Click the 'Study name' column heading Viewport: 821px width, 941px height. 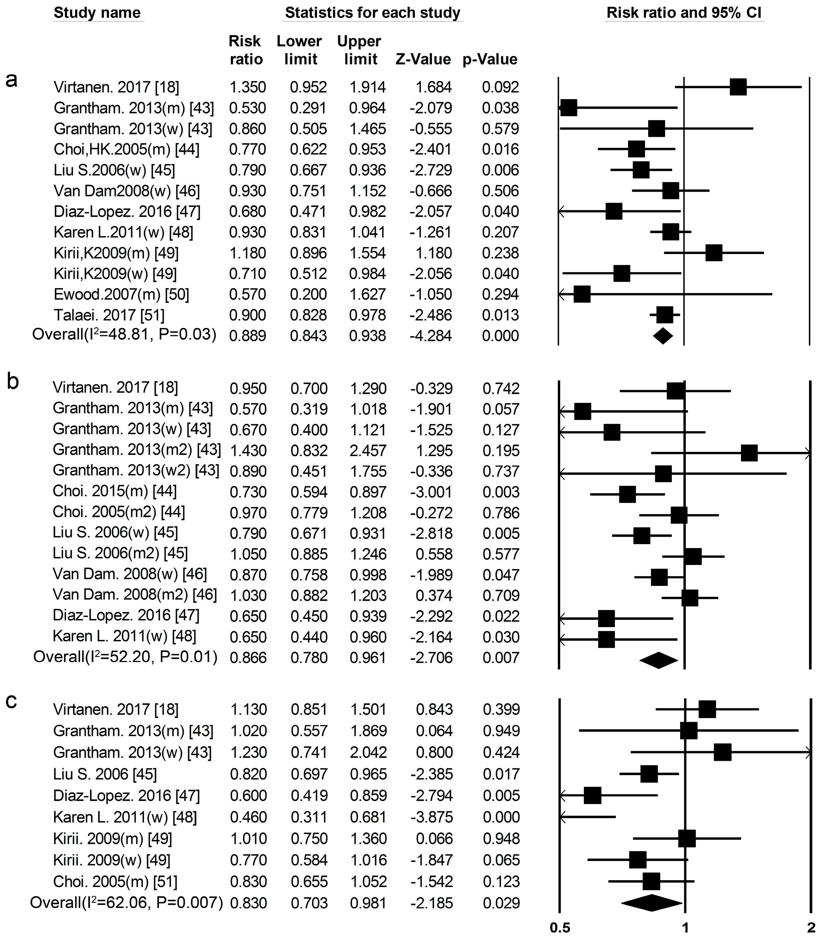97,13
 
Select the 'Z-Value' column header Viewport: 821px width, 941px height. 423,59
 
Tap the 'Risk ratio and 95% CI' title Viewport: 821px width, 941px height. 684,13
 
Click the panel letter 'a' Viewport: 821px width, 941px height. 11,80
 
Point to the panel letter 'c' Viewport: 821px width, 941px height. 11,701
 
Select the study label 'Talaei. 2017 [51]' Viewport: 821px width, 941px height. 109,315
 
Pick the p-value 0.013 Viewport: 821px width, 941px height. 500,315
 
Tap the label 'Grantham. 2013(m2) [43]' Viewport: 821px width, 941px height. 137,450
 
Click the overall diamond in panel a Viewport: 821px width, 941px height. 663,336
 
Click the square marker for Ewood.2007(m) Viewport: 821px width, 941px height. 582,294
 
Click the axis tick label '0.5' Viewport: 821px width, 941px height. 560,928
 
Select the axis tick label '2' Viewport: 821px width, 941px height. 812,928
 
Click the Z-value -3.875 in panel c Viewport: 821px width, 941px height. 432,817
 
